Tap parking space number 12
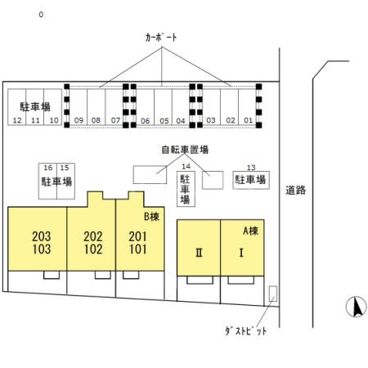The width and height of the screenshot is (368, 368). pyautogui.click(x=17, y=120)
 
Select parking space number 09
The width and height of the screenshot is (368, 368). pyautogui.click(x=79, y=120)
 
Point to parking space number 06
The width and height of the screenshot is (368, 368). pyautogui.click(x=145, y=120)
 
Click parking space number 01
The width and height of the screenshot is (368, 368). pyautogui.click(x=248, y=120)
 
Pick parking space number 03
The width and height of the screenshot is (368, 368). pyautogui.click(x=210, y=120)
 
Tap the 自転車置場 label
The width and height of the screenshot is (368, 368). pyautogui.click(x=184, y=150)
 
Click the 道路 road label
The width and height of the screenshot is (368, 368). pyautogui.click(x=295, y=191)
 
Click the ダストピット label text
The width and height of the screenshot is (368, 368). pyautogui.click(x=245, y=331)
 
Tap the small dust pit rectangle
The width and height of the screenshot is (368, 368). pyautogui.click(x=272, y=294)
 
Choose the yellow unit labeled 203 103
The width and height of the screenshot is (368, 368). pyautogui.click(x=38, y=242)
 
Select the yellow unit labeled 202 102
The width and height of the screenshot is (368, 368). pyautogui.click(x=93, y=242)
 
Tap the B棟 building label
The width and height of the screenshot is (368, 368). pyautogui.click(x=151, y=217)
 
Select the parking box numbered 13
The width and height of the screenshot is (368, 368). pyautogui.click(x=251, y=178)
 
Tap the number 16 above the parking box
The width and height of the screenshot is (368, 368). pyautogui.click(x=48, y=168)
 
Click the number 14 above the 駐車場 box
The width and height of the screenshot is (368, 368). pyautogui.click(x=186, y=166)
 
